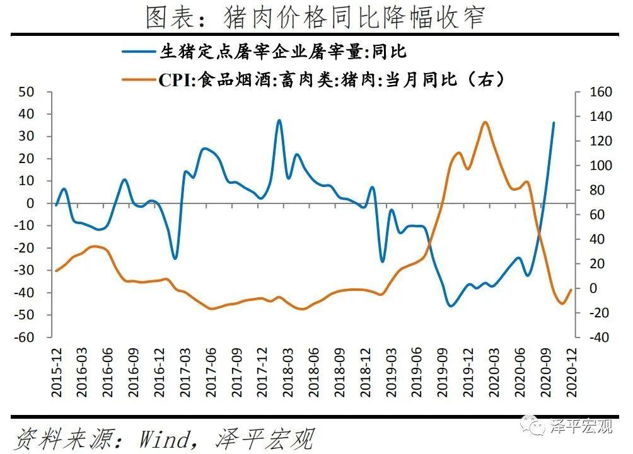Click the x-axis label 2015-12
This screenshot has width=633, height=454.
point(57,375)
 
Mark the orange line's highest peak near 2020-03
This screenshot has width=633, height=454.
point(484,122)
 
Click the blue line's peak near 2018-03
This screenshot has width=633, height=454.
point(279,120)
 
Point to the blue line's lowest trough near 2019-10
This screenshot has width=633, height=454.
point(450,306)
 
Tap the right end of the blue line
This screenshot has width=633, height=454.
point(554,123)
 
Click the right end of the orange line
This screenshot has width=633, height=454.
point(571,290)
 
